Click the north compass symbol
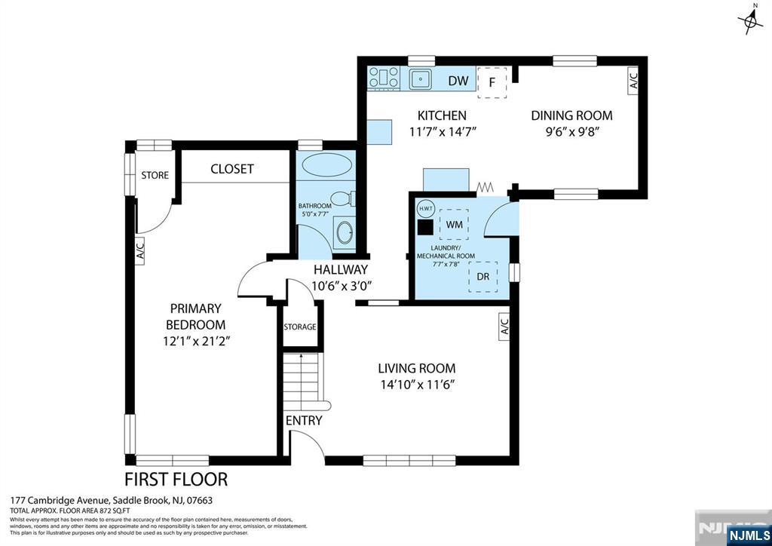tap(750, 19)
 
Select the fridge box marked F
tap(492, 83)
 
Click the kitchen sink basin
tap(420, 78)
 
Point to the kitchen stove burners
tap(384, 78)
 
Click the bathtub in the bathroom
tap(327, 164)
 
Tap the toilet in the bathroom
tap(343, 199)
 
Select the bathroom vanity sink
tap(345, 232)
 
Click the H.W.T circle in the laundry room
tap(424, 208)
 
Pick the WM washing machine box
tap(454, 224)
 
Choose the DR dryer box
tap(483, 277)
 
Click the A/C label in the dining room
tap(633, 80)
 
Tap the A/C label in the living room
tap(504, 326)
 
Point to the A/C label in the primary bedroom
tap(139, 251)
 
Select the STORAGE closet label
tap(300, 327)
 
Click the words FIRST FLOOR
tap(176, 479)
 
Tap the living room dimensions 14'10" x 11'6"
tap(416, 385)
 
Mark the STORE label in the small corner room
tap(155, 175)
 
